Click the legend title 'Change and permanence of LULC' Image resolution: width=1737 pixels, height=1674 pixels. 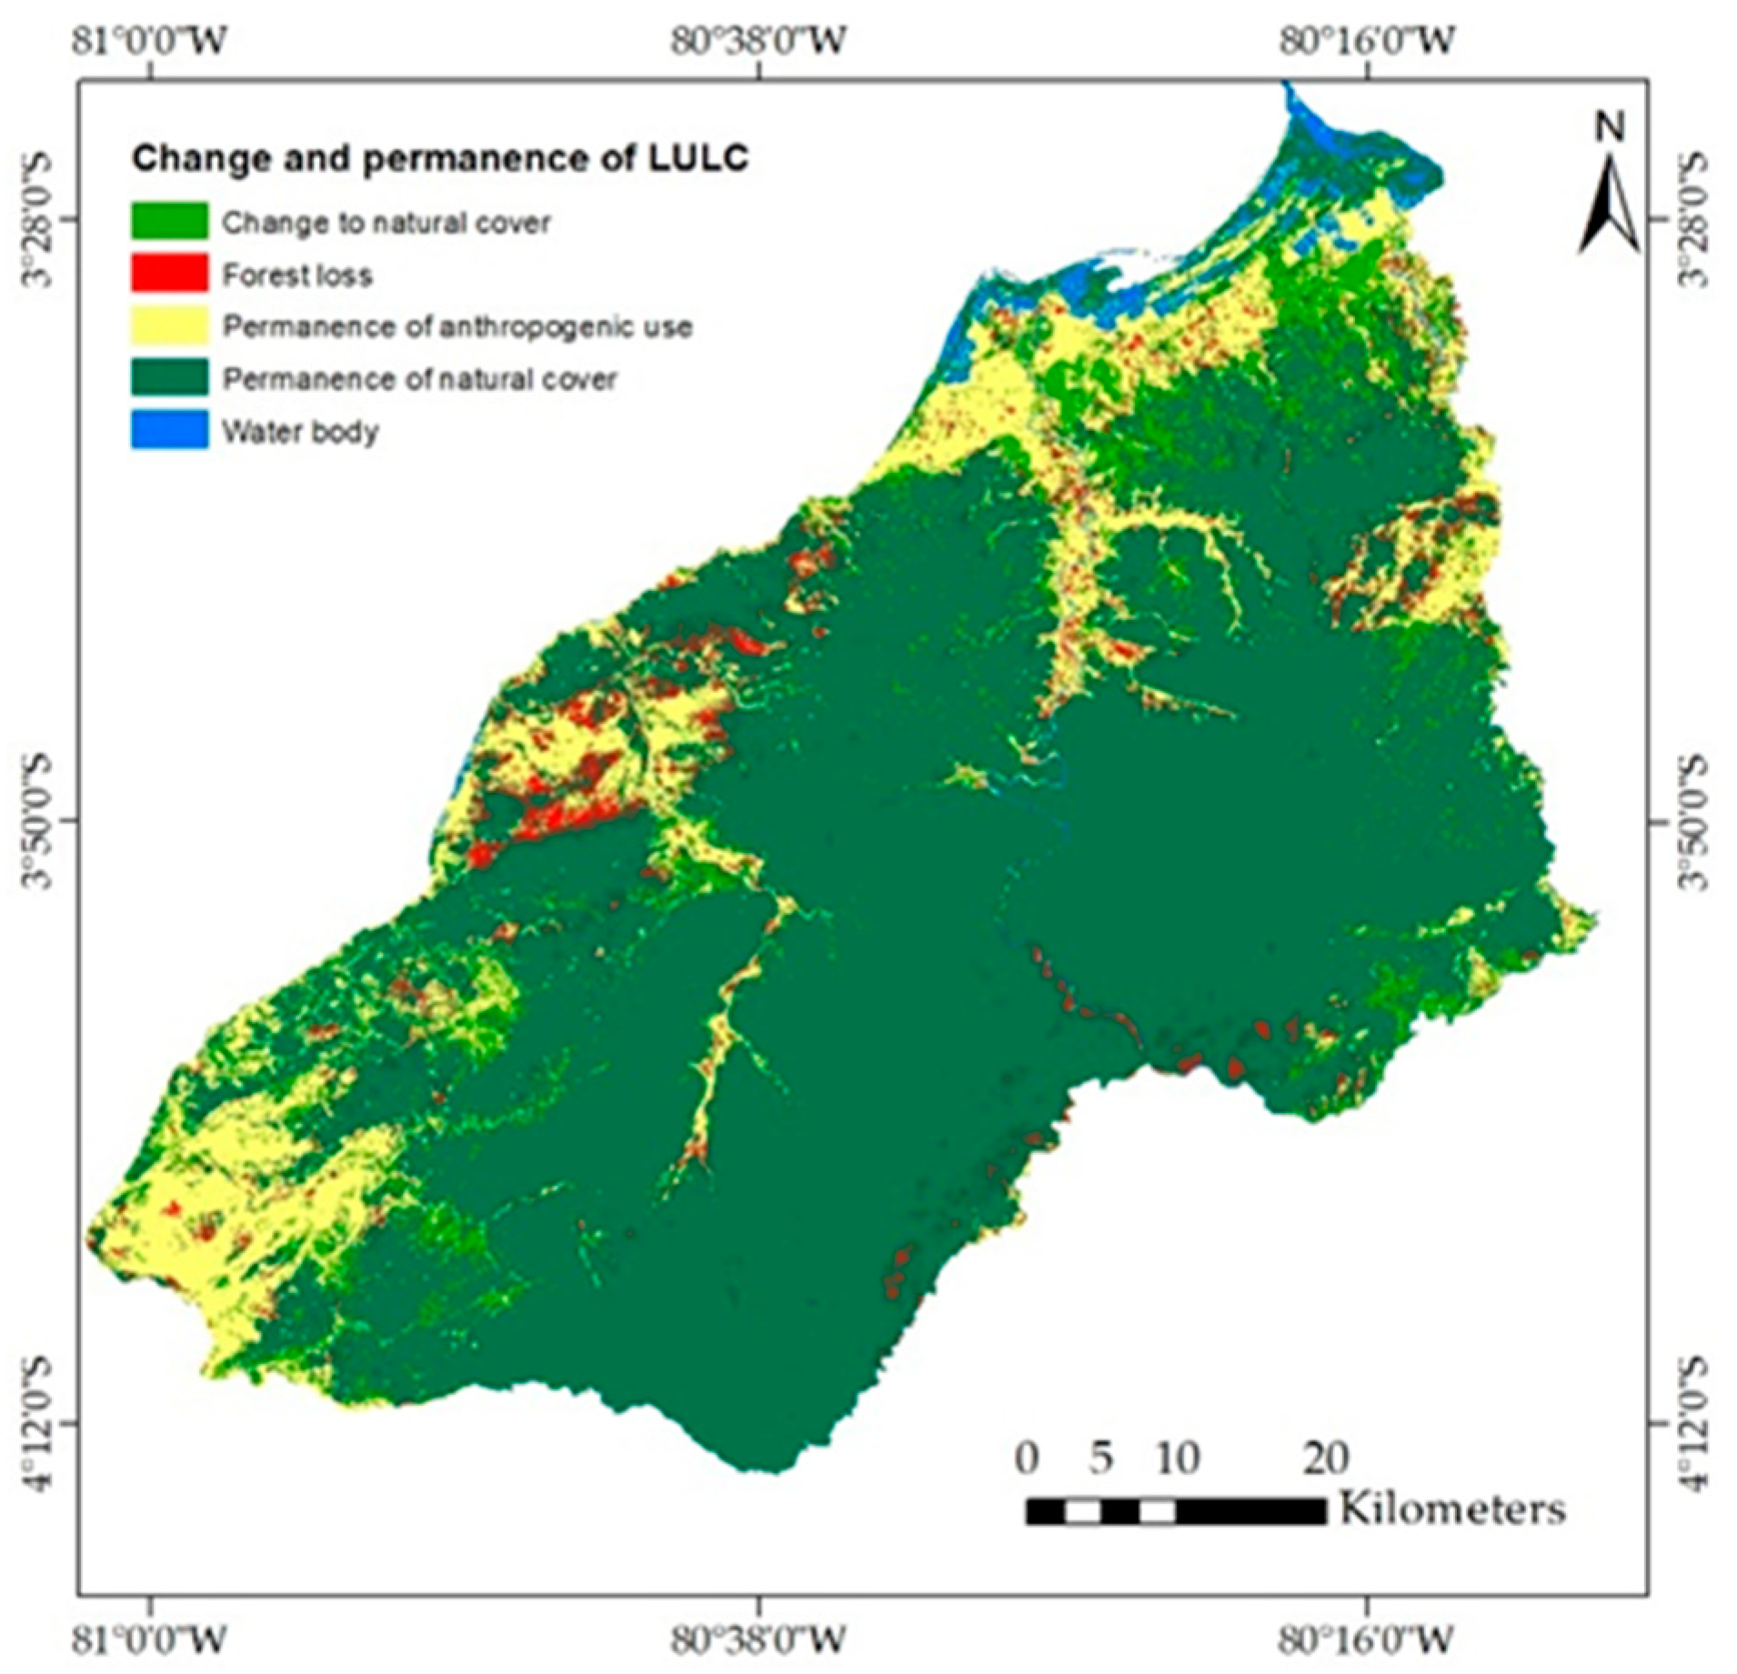coord(439,159)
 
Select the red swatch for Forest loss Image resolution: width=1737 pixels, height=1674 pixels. coord(169,274)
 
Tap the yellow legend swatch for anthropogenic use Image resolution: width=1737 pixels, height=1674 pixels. coord(169,326)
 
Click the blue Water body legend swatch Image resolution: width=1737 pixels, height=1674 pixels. coord(169,430)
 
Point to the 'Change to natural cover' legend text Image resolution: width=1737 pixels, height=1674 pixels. coord(387,223)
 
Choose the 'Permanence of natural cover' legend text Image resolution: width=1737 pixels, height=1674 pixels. coord(419,378)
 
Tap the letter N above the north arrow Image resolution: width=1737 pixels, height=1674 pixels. coord(1610,130)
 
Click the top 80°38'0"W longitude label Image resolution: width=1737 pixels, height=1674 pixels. coord(760,41)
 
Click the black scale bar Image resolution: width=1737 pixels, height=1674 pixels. coord(1176,1512)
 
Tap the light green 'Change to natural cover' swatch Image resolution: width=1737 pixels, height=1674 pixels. coord(169,221)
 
